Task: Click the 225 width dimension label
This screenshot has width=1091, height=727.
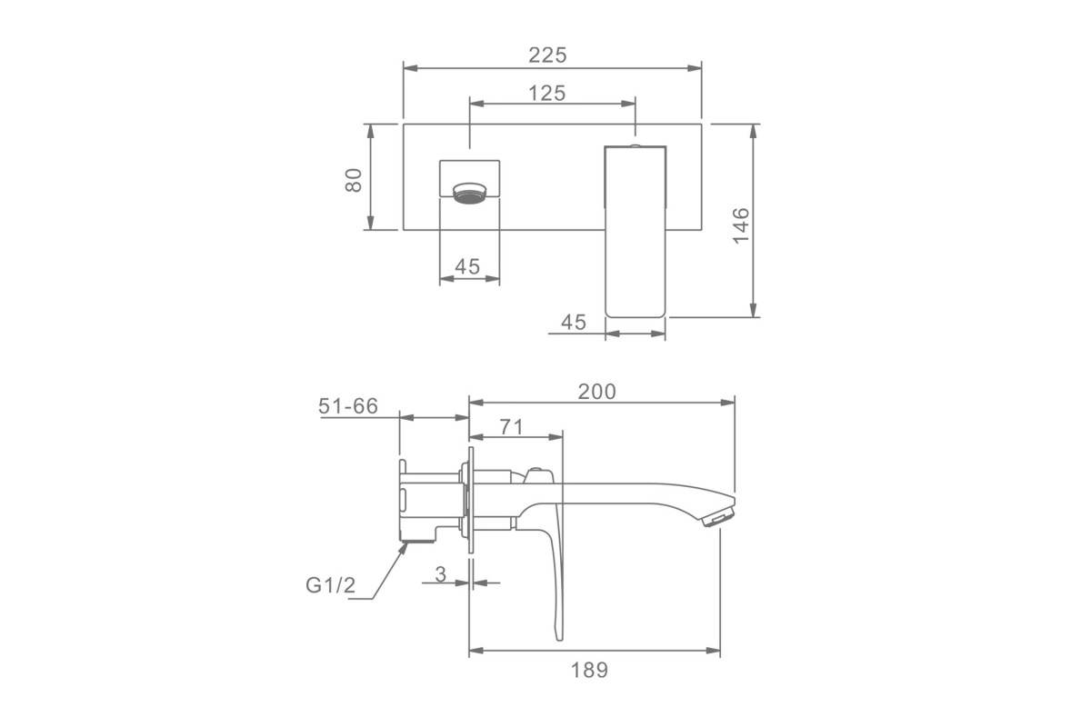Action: [547, 55]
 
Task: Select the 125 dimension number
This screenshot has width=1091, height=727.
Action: [547, 93]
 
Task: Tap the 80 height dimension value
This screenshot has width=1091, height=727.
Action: [354, 180]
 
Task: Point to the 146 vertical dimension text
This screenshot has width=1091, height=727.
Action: [740, 225]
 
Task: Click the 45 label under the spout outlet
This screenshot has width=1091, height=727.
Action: [467, 266]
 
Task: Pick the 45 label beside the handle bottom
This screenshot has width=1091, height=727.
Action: [574, 322]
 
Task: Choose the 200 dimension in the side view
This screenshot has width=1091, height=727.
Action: [596, 392]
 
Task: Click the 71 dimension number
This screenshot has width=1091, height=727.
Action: [511, 427]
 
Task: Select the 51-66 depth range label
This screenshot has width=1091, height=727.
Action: [347, 406]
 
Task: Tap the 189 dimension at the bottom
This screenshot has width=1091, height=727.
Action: [589, 670]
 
